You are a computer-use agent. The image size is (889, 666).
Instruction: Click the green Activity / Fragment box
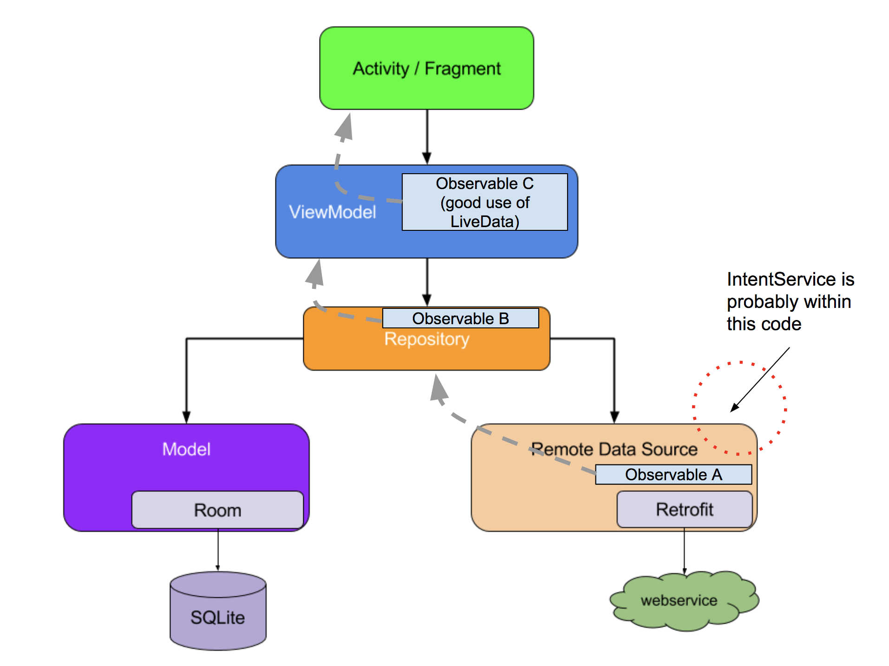pyautogui.click(x=426, y=68)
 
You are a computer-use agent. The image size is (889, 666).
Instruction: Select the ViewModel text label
pyautogui.click(x=332, y=212)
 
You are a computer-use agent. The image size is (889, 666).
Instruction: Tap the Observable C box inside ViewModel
pyautogui.click(x=484, y=202)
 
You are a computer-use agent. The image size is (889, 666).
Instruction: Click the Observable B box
pyautogui.click(x=460, y=318)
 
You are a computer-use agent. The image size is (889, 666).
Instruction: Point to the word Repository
pyautogui.click(x=426, y=339)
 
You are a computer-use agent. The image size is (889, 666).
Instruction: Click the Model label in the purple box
pyautogui.click(x=186, y=449)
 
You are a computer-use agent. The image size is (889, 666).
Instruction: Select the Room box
pyautogui.click(x=217, y=510)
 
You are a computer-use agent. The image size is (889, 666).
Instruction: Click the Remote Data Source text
pyautogui.click(x=614, y=449)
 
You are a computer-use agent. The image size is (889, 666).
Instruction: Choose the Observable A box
pyautogui.click(x=673, y=475)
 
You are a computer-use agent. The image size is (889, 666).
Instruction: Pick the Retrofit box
pyautogui.click(x=684, y=509)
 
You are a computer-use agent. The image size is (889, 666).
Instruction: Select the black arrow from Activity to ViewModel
pyautogui.click(x=427, y=137)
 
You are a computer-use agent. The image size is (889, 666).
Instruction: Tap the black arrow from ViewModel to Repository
pyautogui.click(x=427, y=281)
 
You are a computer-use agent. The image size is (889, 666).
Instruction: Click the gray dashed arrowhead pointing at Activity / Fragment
pyautogui.click(x=345, y=127)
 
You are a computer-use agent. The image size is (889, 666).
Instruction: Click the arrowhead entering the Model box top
pyautogui.click(x=186, y=417)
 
